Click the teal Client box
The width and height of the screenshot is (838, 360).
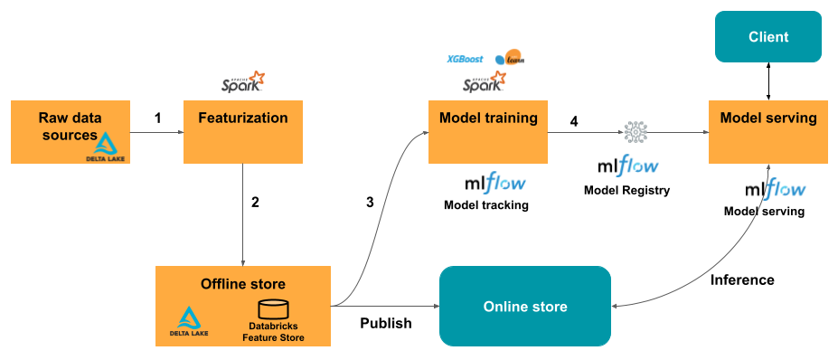point(768,37)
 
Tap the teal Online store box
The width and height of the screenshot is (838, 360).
point(524,307)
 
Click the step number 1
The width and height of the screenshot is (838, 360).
point(157,118)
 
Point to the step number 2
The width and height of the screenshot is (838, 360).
point(255,202)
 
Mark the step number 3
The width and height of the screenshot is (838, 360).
point(370,202)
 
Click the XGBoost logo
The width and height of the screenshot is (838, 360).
point(465,60)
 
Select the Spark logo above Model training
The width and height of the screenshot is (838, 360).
point(485,83)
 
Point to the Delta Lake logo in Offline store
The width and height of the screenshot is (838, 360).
point(189,321)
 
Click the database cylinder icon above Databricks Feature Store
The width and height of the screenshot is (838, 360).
point(273,308)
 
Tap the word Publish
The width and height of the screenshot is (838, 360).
point(386,323)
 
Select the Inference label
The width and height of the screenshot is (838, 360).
point(742,279)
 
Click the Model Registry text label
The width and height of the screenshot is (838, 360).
point(626,190)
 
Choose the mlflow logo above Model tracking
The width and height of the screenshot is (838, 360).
point(494,184)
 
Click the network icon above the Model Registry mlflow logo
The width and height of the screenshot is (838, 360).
point(636,132)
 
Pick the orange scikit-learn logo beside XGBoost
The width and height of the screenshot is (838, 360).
point(510,60)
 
